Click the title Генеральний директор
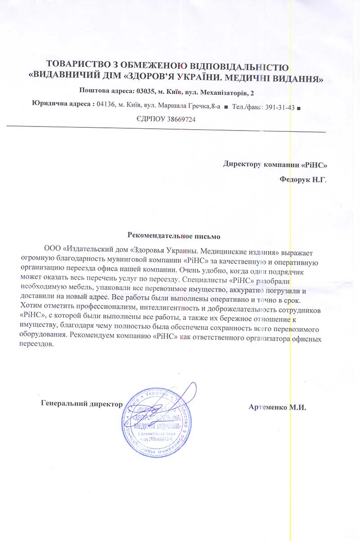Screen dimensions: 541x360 click(x=81, y=403)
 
